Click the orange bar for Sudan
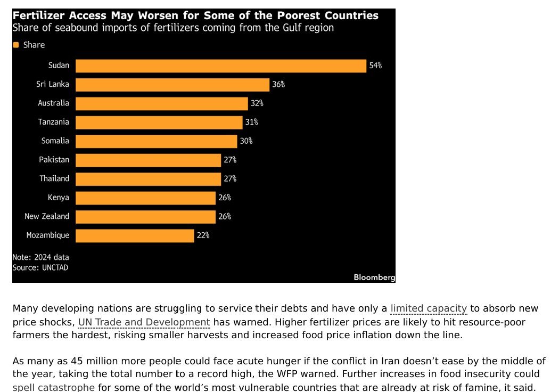pos(221,66)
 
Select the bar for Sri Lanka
pos(172,85)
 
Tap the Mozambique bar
pos(135,235)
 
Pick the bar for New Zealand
pos(145,216)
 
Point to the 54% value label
pos(375,66)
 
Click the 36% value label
pos(278,85)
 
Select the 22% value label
pos(203,235)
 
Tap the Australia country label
pos(53,103)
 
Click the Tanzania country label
pos(53,122)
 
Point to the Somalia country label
pos(55,141)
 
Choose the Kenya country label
pos(58,198)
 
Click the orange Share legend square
pos(16,45)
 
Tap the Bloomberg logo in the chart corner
pos(374,277)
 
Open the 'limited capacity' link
pos(428,308)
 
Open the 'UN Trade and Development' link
pos(144,322)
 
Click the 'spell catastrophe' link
pos(54,387)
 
